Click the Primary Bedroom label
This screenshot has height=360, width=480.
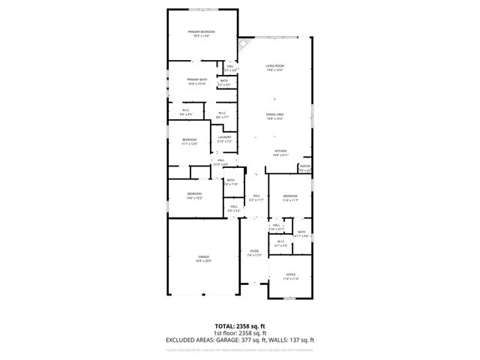(202, 31)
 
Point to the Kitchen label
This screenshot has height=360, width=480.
(280, 150)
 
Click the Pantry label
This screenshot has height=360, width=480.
(305, 166)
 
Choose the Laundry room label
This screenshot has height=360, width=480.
(224, 137)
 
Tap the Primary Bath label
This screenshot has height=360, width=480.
(196, 79)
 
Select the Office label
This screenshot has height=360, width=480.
(289, 275)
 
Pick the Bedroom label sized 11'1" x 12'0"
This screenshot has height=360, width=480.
(189, 139)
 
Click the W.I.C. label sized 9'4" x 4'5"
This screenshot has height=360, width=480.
(185, 111)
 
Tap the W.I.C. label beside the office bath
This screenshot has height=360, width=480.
(280, 241)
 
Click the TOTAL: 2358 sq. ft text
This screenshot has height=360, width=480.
(240, 327)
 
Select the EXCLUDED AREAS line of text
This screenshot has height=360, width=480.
(240, 340)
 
